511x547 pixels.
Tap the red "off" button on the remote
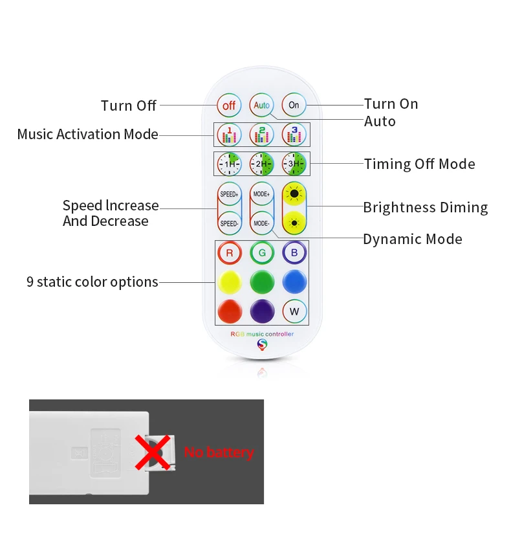[228, 105]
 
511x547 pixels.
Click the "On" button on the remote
[294, 105]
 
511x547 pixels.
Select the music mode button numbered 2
[261, 134]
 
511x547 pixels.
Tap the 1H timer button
[229, 164]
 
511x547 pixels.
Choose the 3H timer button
[294, 164]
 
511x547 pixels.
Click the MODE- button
[261, 223]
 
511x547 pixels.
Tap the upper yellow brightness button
[294, 194]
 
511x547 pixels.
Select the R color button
[229, 252]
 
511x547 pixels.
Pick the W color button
[294, 311]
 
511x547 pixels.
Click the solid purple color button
[261, 311]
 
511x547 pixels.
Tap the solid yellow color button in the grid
[229, 282]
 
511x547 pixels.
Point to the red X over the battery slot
[153, 452]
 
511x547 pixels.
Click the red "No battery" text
[219, 452]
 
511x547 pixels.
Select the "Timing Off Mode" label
[419, 164]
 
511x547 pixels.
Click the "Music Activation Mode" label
[87, 135]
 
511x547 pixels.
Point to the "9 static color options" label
[92, 282]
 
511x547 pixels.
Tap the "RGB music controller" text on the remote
[262, 334]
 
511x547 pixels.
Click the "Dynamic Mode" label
[412, 240]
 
